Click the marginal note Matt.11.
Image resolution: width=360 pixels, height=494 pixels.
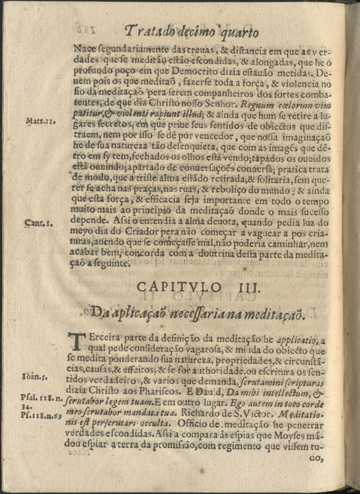tap(38, 121)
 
